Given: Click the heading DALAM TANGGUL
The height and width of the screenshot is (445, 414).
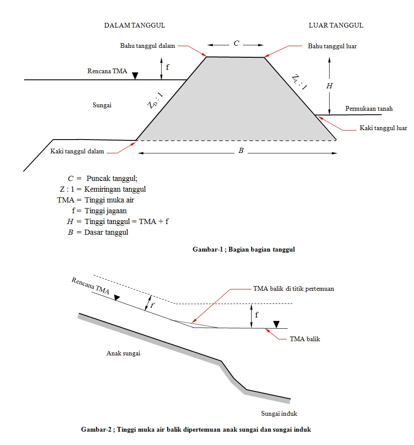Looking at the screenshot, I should coord(134,25).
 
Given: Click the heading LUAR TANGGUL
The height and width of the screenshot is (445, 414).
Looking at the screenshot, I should coord(336,25).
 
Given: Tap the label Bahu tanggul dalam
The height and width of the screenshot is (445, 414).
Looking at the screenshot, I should coord(147,46).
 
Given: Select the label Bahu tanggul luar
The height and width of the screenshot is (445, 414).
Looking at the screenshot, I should coord(332,46).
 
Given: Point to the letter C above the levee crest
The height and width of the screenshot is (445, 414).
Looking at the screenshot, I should coord(236,44).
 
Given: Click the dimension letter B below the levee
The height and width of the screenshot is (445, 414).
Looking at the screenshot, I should coord(241,151).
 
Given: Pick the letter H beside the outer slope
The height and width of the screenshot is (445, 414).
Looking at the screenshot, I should coord(330,86).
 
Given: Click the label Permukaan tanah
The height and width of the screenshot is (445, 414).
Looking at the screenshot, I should coord(369,109).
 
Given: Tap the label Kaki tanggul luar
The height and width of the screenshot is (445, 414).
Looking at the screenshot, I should coord(383,128).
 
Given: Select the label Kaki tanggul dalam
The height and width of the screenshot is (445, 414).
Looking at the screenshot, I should coord(77,151).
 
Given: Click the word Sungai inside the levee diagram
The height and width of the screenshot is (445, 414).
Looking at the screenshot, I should coord(102,105).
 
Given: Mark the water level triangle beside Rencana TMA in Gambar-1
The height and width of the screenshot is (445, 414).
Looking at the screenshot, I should coord(135,76).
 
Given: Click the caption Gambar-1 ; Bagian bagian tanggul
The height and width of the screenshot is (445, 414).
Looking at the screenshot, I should coord(244,249).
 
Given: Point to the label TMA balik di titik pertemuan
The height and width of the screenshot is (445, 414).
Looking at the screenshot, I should coord(293,289).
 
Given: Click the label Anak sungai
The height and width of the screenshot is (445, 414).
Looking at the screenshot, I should coord(123,353).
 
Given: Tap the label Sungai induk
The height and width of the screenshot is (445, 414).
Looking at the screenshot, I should coord(279,414).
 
